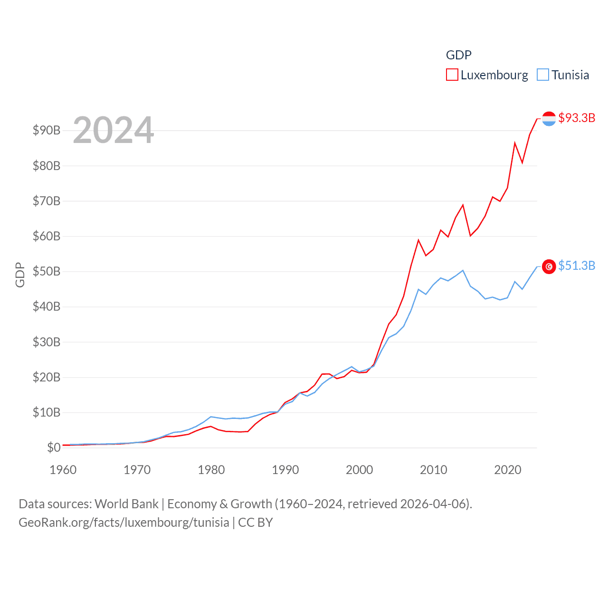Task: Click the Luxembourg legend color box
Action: click(x=452, y=75)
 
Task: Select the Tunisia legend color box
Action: click(x=543, y=75)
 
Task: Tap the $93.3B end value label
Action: click(x=577, y=118)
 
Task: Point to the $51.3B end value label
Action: click(x=577, y=266)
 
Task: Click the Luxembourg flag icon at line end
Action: click(x=549, y=119)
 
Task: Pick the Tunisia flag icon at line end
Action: click(x=549, y=267)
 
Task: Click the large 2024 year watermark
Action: click(x=114, y=130)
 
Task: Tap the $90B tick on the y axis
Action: click(x=47, y=130)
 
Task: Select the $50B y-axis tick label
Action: click(x=47, y=271)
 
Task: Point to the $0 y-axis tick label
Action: click(x=54, y=447)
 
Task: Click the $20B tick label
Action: click(x=47, y=377)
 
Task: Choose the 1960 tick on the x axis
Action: click(x=63, y=470)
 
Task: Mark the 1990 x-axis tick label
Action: click(x=285, y=470)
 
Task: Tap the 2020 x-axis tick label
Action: click(x=508, y=470)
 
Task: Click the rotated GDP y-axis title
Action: click(x=20, y=275)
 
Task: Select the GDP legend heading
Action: click(x=458, y=55)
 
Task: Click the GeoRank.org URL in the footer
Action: click(x=124, y=522)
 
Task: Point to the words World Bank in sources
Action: click(x=126, y=503)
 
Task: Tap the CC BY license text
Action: click(x=256, y=522)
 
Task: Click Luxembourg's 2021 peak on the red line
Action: click(x=515, y=143)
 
